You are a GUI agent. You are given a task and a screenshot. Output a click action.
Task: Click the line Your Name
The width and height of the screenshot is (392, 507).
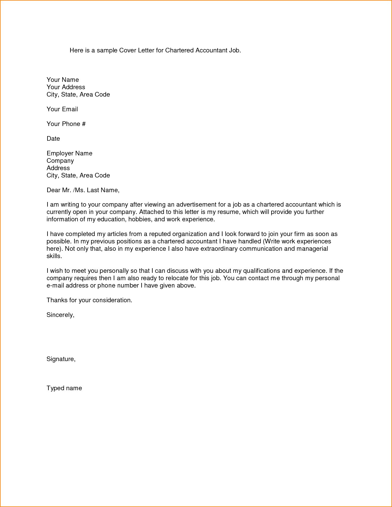63,80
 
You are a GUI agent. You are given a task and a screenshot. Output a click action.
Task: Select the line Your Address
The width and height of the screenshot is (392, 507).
66,87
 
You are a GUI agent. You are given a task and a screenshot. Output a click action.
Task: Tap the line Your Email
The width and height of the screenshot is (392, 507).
62,109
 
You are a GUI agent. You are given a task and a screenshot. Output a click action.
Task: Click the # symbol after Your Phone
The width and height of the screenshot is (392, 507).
84,124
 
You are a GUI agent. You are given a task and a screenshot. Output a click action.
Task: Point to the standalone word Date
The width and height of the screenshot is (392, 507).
53,139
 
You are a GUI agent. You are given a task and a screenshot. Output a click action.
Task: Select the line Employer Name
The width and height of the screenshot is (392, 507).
69,153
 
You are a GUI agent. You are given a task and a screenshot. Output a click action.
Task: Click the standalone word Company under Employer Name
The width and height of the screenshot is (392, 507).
60,161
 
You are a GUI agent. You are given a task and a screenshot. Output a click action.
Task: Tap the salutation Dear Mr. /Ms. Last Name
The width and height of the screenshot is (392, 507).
83,190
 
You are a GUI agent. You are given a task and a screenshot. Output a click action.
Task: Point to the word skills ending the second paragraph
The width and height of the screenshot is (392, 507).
54,256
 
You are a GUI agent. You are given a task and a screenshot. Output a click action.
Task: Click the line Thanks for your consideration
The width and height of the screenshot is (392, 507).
89,300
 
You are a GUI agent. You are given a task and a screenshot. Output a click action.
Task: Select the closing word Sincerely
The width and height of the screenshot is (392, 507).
60,315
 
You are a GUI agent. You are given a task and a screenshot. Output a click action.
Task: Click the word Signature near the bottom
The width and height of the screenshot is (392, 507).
61,359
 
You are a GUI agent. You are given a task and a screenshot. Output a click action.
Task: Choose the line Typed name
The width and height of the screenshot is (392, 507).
64,388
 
